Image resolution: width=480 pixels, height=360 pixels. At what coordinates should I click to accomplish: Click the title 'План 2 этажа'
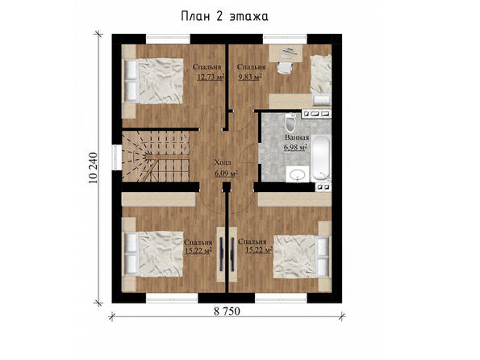224,16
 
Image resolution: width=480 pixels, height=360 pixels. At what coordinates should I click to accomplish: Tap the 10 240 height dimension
93,168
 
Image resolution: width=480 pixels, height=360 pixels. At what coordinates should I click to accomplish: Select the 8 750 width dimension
227,312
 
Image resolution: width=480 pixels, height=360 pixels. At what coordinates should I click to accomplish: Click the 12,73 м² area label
211,77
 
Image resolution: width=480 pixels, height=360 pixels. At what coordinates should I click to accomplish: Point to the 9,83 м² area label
249,77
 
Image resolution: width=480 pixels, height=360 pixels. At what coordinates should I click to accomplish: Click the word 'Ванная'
297,137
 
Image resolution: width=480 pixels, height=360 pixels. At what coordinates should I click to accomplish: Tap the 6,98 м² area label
295,148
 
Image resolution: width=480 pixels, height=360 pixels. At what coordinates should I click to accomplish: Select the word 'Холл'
223,162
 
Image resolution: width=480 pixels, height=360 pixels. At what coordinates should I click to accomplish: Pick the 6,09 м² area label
226,174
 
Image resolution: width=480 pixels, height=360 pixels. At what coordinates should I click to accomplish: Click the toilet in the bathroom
290,123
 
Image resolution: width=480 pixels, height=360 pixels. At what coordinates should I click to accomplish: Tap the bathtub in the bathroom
321,159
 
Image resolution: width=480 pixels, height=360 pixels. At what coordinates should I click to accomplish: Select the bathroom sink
297,174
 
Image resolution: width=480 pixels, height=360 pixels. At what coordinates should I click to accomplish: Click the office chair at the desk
285,68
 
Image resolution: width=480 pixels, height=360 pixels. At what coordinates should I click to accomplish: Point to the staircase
157,157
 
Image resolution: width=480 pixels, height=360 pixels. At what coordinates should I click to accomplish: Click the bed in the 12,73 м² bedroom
153,81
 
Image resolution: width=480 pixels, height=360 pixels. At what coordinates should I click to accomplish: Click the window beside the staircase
116,157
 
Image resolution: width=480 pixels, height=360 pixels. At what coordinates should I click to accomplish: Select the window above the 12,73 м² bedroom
168,39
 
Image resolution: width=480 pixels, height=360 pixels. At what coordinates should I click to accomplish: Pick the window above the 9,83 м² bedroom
285,39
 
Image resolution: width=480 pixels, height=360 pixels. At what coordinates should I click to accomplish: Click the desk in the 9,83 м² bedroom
286,53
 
